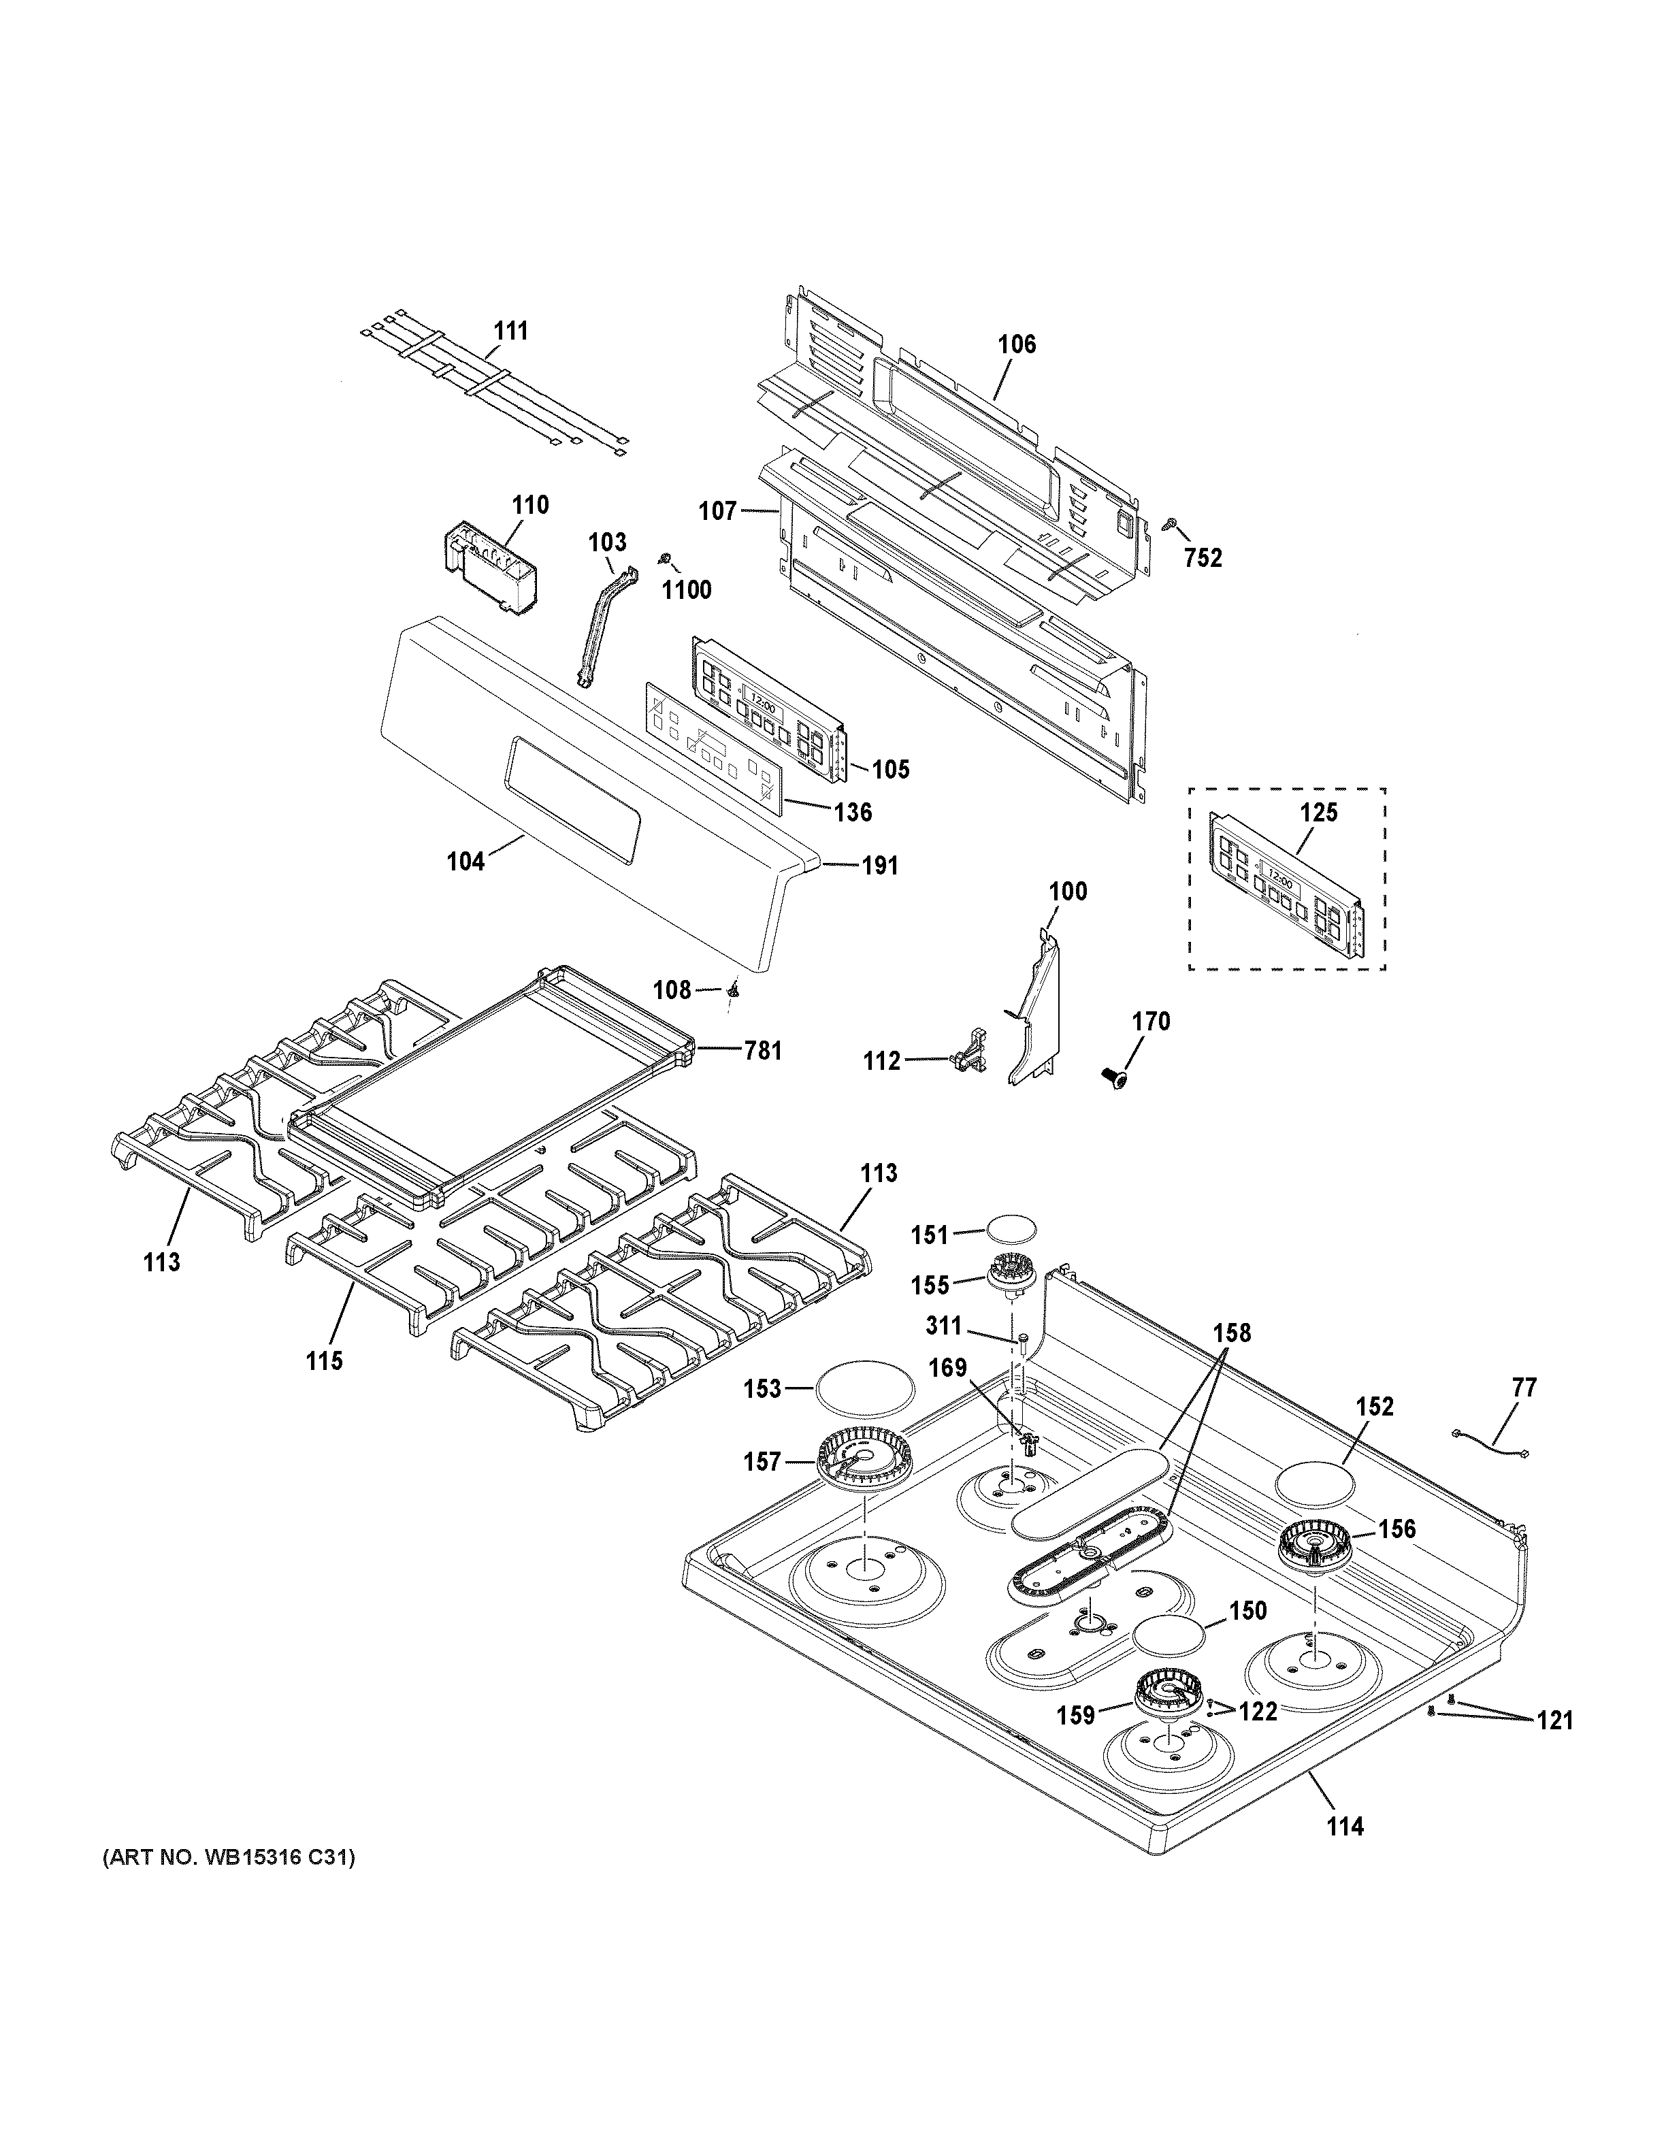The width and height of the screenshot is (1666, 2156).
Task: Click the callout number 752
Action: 1203,558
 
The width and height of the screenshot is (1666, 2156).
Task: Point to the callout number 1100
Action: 686,590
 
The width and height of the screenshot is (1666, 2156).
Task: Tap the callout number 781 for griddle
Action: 762,1051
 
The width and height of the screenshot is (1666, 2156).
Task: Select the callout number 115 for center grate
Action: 324,1360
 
